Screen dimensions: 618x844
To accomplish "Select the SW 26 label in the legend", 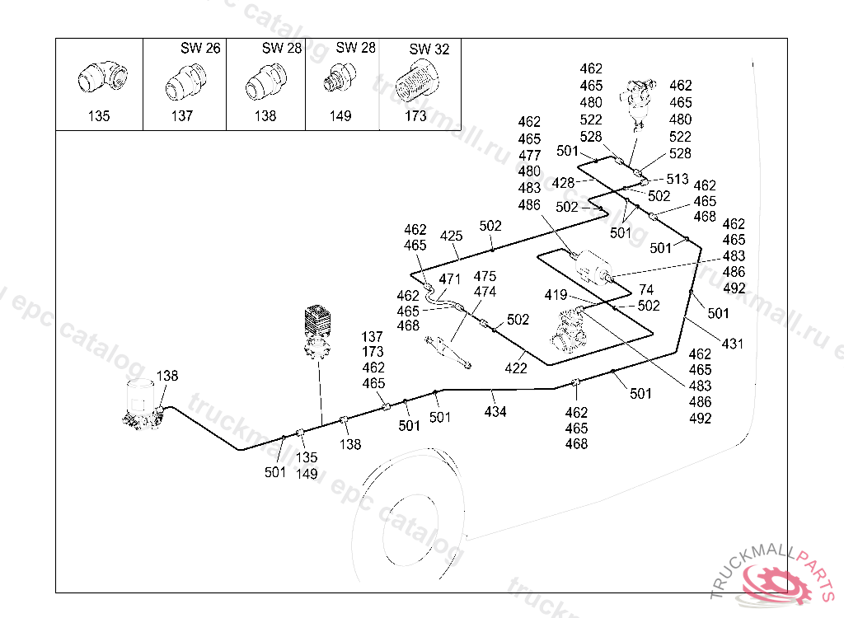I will coord(200,49).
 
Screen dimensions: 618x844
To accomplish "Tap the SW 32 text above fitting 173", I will coord(429,49).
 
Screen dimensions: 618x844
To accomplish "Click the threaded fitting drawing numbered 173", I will coord(418,83).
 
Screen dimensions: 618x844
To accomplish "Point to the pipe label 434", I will coord(495,411).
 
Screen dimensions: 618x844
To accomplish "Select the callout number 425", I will coord(451,236).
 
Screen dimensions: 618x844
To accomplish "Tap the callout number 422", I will coord(516,368).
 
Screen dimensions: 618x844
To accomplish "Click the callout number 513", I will coord(678,179).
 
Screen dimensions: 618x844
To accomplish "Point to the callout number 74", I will coord(646,290).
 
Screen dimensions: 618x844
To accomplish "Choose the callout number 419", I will coord(556,295).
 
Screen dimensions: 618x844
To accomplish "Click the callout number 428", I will coord(564,183).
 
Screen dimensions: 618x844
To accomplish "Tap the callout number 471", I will coord(449,279).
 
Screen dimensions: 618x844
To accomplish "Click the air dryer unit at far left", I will coord(142,405).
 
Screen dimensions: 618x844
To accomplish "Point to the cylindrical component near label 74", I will coord(593,269).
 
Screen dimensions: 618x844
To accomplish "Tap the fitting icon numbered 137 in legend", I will coord(181,83).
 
